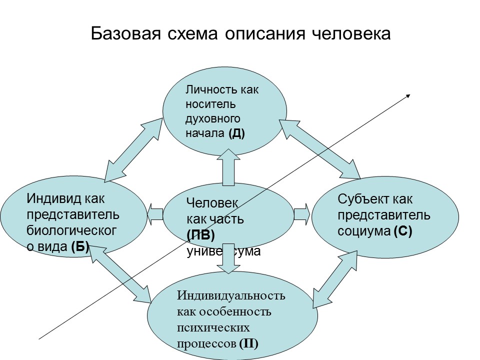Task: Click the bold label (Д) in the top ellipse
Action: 236,133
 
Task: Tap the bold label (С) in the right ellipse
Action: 402,231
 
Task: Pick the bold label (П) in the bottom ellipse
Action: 248,343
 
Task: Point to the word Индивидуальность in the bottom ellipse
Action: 231,295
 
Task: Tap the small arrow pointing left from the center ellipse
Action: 155,214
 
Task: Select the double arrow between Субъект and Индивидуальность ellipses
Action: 337,278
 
